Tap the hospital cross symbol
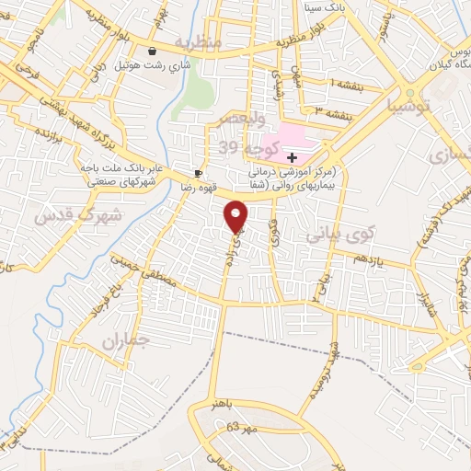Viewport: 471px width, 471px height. [292, 158]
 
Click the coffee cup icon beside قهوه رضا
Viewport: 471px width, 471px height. [198, 173]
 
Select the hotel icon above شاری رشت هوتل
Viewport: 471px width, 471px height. [151, 52]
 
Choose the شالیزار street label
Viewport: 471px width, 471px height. [424, 304]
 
